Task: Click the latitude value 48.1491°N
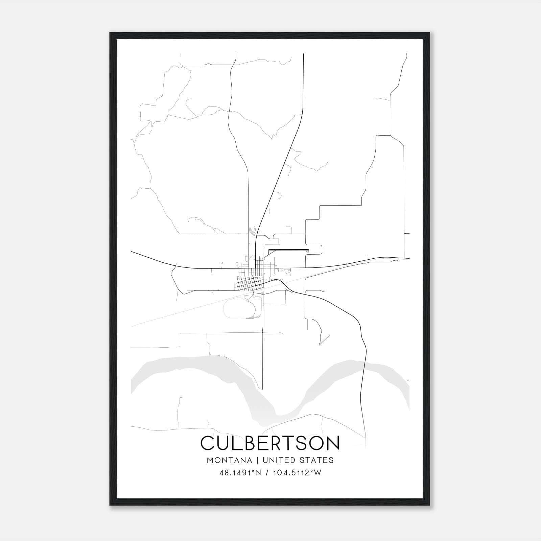point(240,473)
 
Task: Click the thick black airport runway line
point(288,250)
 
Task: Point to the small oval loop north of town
point(252,232)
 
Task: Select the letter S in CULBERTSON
point(300,443)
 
